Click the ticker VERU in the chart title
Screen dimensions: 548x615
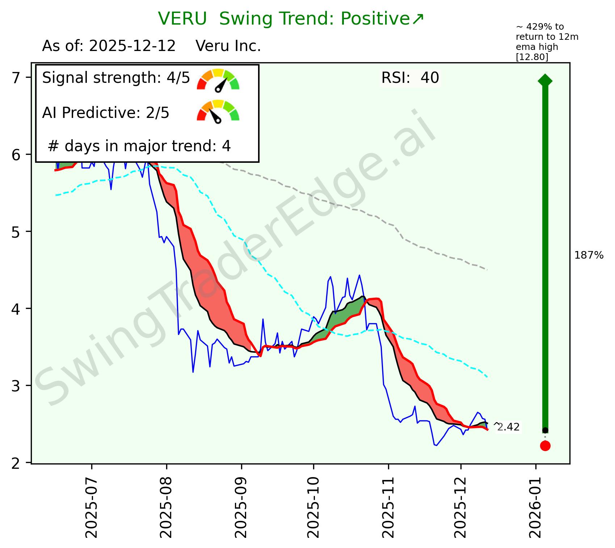pyautogui.click(x=182, y=19)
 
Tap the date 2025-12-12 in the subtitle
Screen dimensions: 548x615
pyautogui.click(x=132, y=46)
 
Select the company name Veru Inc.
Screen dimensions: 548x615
pyautogui.click(x=228, y=46)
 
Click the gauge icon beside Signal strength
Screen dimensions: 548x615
pyautogui.click(x=218, y=80)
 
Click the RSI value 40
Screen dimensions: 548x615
pyautogui.click(x=430, y=78)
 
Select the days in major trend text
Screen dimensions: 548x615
pyautogui.click(x=139, y=146)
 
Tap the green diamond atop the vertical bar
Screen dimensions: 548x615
pyautogui.click(x=545, y=80)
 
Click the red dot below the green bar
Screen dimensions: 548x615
pyautogui.click(x=545, y=446)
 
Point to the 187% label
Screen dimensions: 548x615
pyautogui.click(x=589, y=256)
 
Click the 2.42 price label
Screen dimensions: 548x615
pyautogui.click(x=508, y=428)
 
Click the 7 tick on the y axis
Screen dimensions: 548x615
pyautogui.click(x=16, y=78)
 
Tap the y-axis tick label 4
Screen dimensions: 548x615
pyautogui.click(x=16, y=309)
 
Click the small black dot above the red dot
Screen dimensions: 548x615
pyautogui.click(x=545, y=430)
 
